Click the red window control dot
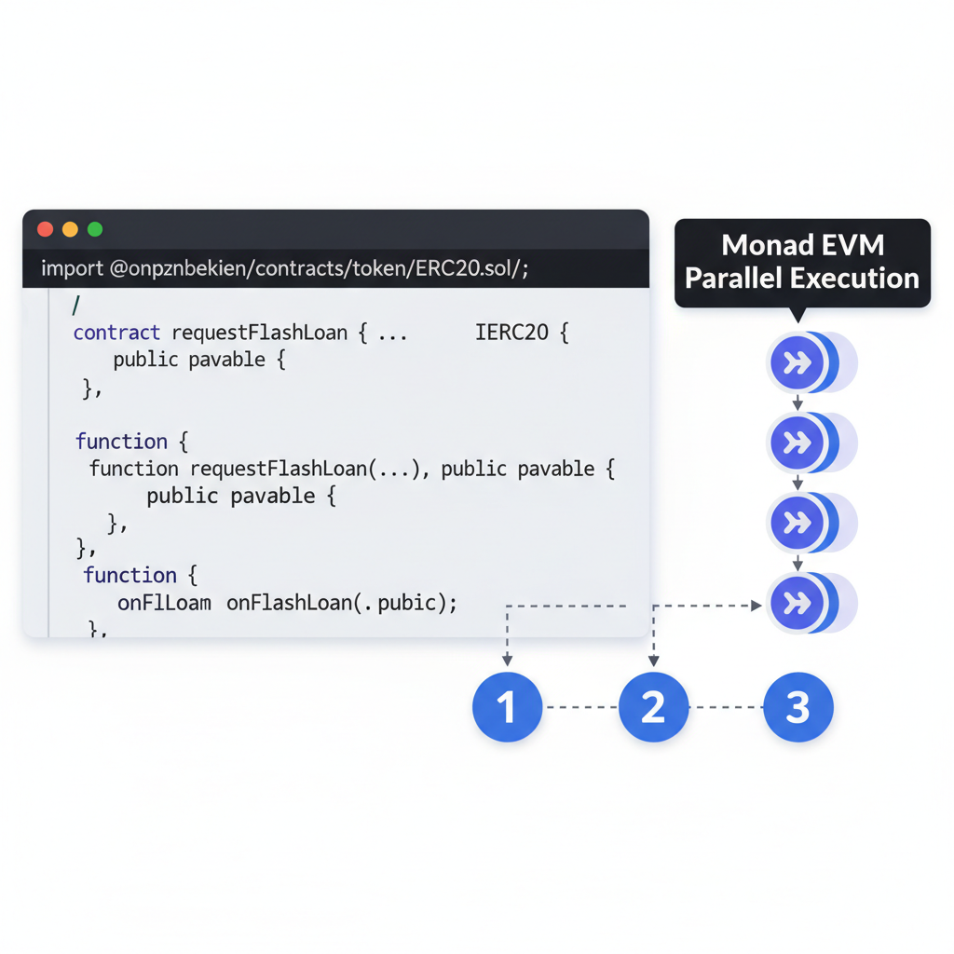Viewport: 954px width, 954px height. [x=45, y=229]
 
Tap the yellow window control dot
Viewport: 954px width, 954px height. [x=70, y=229]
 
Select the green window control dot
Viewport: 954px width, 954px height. [x=94, y=229]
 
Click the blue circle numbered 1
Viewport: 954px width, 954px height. [x=507, y=707]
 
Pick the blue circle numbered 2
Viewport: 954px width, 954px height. [x=653, y=707]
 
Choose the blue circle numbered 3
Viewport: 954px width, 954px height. [x=798, y=707]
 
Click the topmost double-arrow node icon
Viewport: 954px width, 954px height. [x=797, y=363]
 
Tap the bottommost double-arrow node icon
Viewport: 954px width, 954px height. [x=797, y=604]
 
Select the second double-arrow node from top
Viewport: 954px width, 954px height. [x=797, y=443]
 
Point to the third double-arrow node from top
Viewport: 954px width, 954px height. [x=797, y=524]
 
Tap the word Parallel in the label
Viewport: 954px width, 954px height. [x=733, y=279]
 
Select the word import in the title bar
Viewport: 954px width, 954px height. [x=72, y=269]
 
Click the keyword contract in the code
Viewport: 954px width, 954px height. [x=116, y=333]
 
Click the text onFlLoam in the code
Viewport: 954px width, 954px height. [x=164, y=603]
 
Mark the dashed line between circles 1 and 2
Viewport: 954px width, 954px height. [x=580, y=707]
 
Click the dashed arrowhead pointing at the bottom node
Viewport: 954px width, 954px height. [x=756, y=606]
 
